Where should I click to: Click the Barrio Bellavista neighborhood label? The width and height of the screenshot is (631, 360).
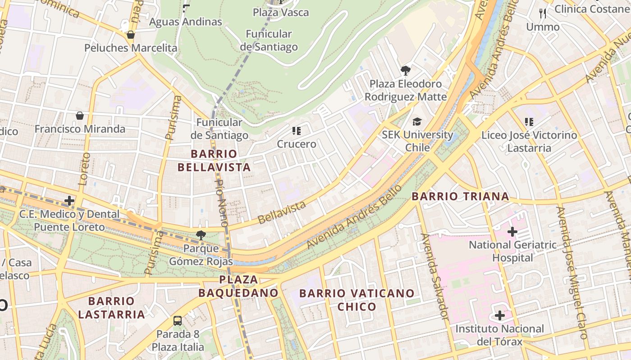tap(214, 161)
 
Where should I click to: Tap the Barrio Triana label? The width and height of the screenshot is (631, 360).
tap(460, 196)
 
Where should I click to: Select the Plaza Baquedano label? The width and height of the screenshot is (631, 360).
tap(238, 286)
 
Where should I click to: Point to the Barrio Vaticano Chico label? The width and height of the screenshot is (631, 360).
tap(357, 300)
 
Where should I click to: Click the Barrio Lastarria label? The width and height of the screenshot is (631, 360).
tap(111, 307)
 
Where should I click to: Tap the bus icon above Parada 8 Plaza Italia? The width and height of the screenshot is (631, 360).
tap(178, 321)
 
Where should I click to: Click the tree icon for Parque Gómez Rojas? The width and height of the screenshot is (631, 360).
tap(201, 235)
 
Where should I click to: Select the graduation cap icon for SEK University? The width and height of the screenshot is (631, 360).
tap(417, 122)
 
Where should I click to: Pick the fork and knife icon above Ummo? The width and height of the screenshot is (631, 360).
tap(543, 13)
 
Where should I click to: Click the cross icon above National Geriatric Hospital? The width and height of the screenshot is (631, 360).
tap(512, 232)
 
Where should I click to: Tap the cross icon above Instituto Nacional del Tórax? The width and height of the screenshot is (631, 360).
tap(499, 315)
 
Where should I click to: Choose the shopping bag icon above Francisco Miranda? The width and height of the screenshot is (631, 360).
tap(80, 116)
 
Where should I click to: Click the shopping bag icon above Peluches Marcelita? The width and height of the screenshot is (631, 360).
tap(131, 35)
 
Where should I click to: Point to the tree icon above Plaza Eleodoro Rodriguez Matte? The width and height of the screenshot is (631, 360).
tap(405, 71)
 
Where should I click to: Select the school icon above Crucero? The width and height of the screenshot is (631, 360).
tap(296, 131)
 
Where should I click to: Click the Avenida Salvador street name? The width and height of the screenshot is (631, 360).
tap(435, 282)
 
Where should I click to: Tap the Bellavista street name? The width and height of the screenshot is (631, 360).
tap(282, 212)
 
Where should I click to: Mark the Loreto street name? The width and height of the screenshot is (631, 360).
tap(84, 169)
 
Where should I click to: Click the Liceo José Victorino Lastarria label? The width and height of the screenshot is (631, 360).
tap(529, 141)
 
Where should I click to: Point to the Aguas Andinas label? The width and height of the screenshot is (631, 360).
tap(185, 22)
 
